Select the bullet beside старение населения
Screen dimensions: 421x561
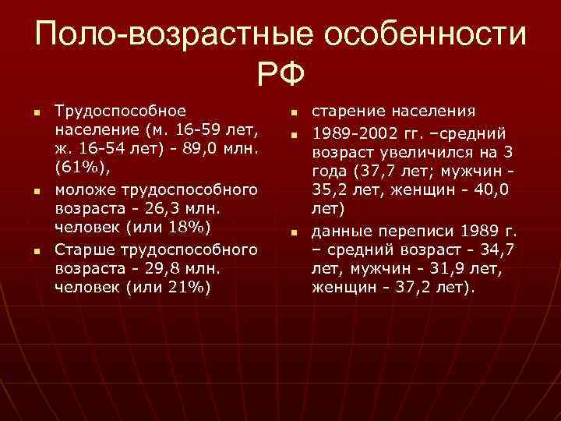[x=295, y=112]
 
